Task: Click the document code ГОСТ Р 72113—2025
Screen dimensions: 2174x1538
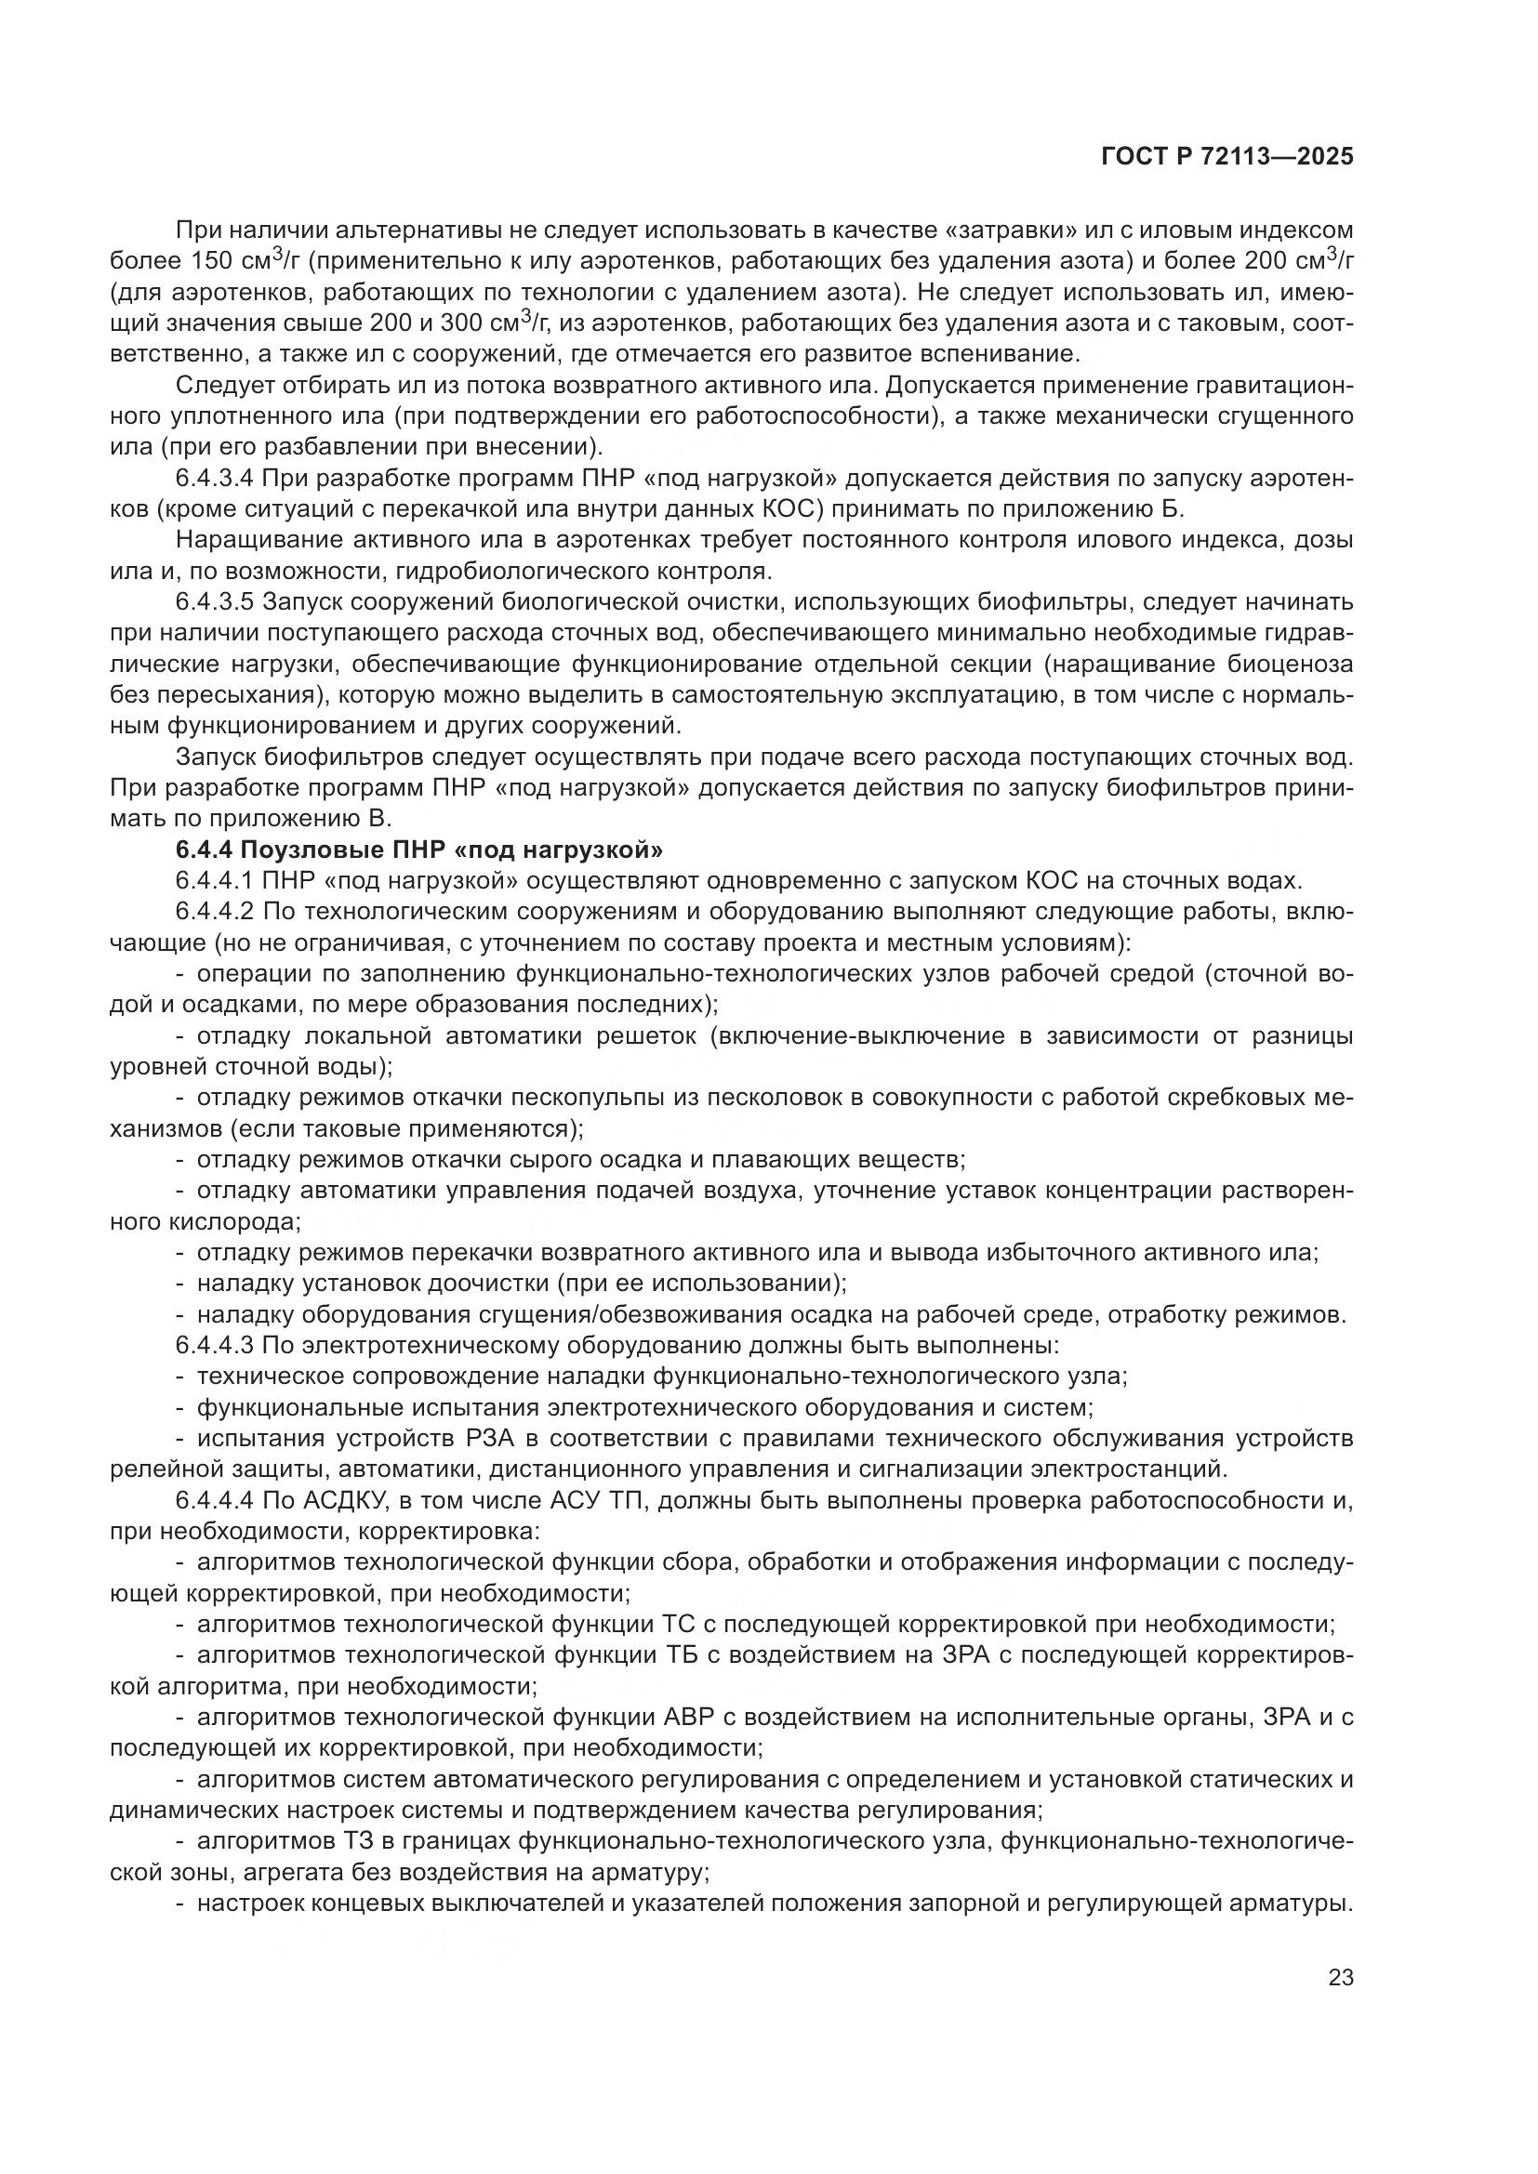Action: (x=1226, y=157)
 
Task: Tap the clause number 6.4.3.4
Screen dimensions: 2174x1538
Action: (x=215, y=479)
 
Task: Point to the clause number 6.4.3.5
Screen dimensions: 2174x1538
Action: (x=215, y=602)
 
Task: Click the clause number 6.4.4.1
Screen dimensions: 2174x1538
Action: (x=215, y=879)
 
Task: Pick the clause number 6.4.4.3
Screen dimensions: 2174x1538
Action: (x=215, y=1345)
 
